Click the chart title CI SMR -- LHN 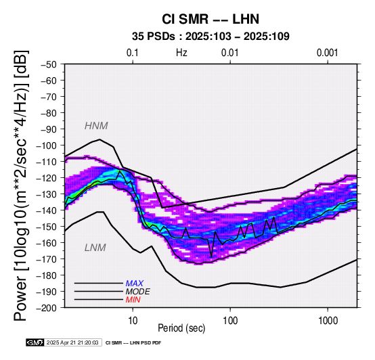click(211, 19)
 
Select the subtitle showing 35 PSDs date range click(211, 37)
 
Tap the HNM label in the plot click(96, 126)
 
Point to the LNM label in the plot click(95, 248)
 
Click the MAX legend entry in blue click(135, 284)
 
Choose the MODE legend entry click(138, 292)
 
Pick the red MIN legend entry click(133, 300)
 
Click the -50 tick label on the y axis click(49, 64)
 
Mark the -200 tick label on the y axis click(47, 308)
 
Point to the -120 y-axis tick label click(47, 178)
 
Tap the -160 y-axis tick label click(47, 243)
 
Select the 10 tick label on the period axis click(133, 321)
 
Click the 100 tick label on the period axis click(230, 321)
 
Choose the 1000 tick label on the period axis click(328, 321)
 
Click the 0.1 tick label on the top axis click(133, 53)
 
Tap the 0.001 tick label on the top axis click(328, 53)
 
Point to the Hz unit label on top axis click(181, 53)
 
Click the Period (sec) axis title click(181, 328)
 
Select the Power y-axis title click(20, 185)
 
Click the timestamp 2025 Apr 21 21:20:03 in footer click(72, 342)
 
